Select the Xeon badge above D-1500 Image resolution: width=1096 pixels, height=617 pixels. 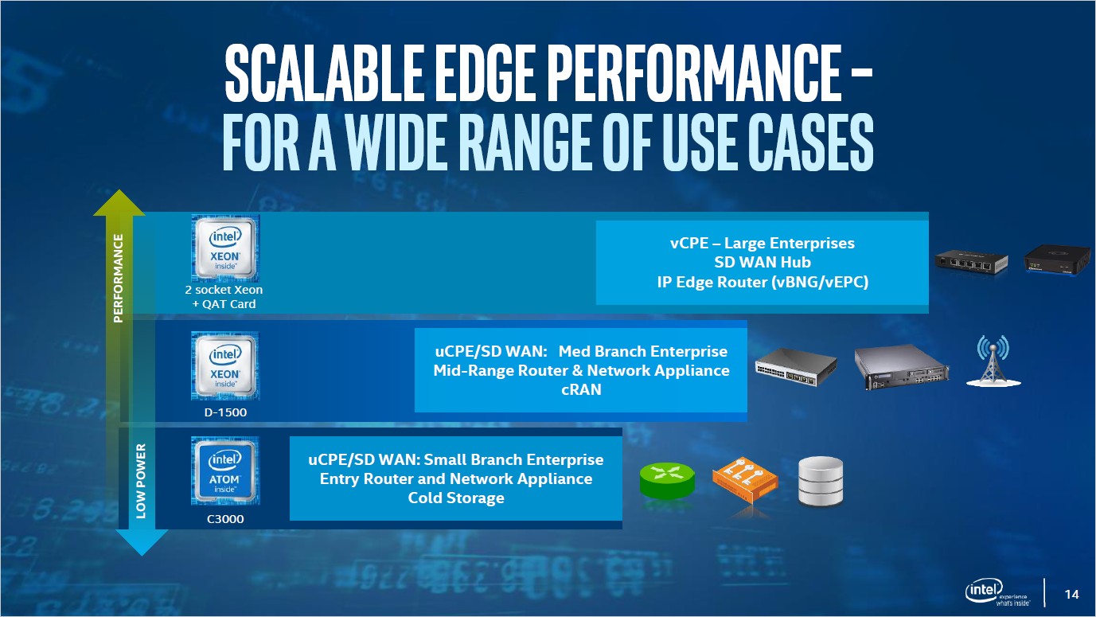pyautogui.click(x=224, y=365)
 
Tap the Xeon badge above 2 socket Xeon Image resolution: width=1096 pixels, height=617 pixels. pyautogui.click(x=225, y=248)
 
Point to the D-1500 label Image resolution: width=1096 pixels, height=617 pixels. pyautogui.click(x=224, y=412)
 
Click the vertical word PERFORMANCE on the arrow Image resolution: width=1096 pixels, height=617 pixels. pyautogui.click(x=119, y=279)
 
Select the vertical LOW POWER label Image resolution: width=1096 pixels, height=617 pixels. pyautogui.click(x=141, y=486)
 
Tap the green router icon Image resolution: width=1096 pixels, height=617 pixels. pyautogui.click(x=667, y=480)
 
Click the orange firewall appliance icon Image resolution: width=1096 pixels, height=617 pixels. pyautogui.click(x=745, y=482)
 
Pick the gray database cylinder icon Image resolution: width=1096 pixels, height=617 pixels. pyautogui.click(x=820, y=482)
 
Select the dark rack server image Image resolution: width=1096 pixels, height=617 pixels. pyautogui.click(x=903, y=367)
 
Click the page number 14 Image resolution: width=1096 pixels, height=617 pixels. pyautogui.click(x=1071, y=594)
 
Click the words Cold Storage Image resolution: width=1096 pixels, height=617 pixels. pyautogui.click(x=456, y=498)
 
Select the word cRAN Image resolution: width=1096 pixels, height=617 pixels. pyautogui.click(x=581, y=390)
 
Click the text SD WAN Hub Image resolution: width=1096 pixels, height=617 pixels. pyautogui.click(x=762, y=262)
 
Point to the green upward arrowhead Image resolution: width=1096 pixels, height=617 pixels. pyautogui.click(x=119, y=204)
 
